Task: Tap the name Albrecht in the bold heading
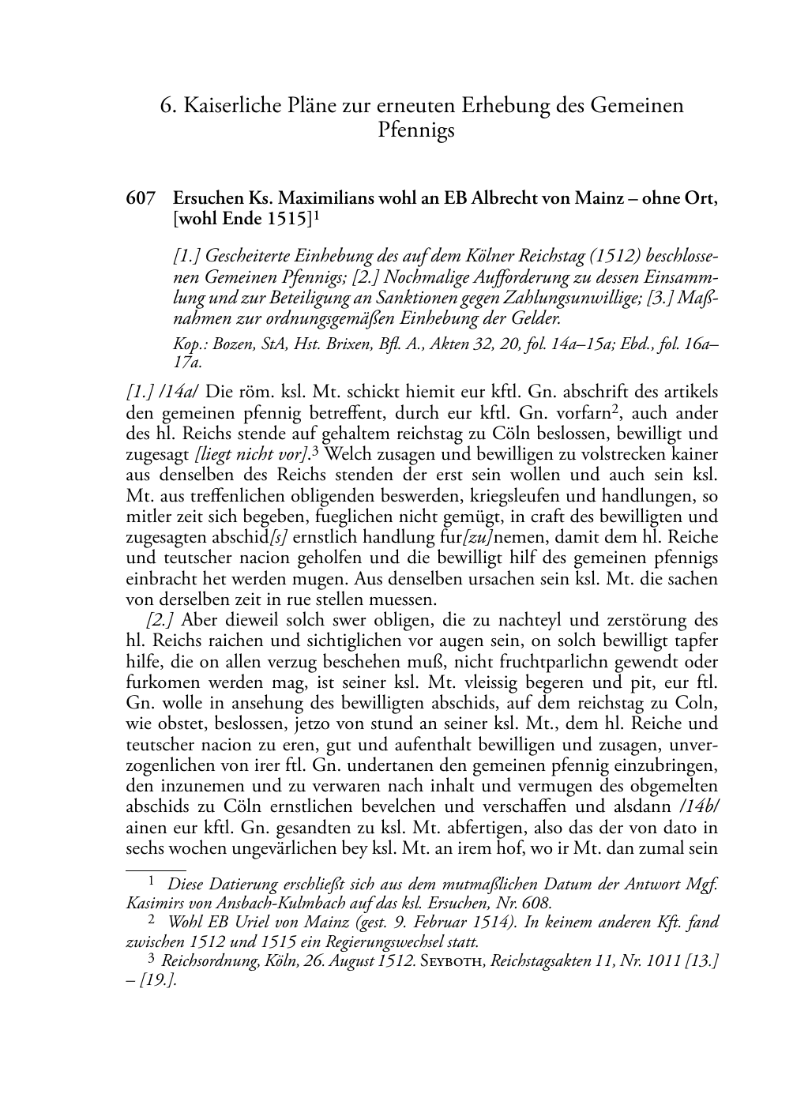click(499, 199)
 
